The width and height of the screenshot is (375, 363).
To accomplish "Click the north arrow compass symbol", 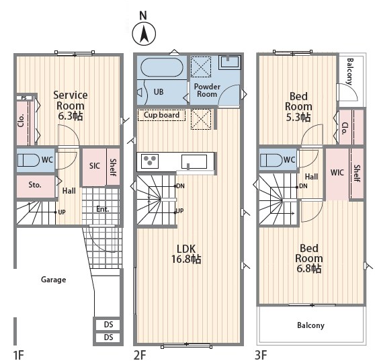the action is click(x=144, y=34).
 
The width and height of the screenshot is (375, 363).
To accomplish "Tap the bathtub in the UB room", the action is click(x=162, y=67).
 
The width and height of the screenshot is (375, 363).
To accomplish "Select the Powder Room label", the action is click(x=207, y=90).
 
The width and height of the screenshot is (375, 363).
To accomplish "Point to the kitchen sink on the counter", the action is click(x=194, y=161).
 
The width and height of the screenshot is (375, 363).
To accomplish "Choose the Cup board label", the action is click(x=161, y=115).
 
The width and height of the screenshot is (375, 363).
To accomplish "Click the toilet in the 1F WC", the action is click(x=28, y=160).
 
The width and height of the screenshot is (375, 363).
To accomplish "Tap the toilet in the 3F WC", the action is click(x=272, y=160).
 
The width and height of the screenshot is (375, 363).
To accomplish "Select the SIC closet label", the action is click(x=95, y=165).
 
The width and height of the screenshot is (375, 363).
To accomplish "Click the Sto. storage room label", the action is click(x=35, y=185).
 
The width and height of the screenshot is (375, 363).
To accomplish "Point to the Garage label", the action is click(x=53, y=280).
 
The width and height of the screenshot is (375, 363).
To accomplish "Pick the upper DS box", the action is click(x=108, y=325).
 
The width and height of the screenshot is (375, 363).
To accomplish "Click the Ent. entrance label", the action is click(x=103, y=209).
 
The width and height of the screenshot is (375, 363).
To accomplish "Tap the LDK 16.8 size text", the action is click(x=186, y=259).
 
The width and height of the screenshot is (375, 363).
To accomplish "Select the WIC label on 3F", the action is click(x=337, y=172).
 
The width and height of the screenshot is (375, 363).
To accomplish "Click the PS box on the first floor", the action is click(x=24, y=98).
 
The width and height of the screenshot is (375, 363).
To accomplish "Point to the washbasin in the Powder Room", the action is click(x=229, y=62).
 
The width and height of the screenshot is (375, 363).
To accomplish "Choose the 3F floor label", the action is click(x=261, y=355).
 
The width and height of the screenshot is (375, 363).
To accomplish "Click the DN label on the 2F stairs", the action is click(x=181, y=186).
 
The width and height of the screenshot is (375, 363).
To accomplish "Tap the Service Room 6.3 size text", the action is click(x=71, y=116).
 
